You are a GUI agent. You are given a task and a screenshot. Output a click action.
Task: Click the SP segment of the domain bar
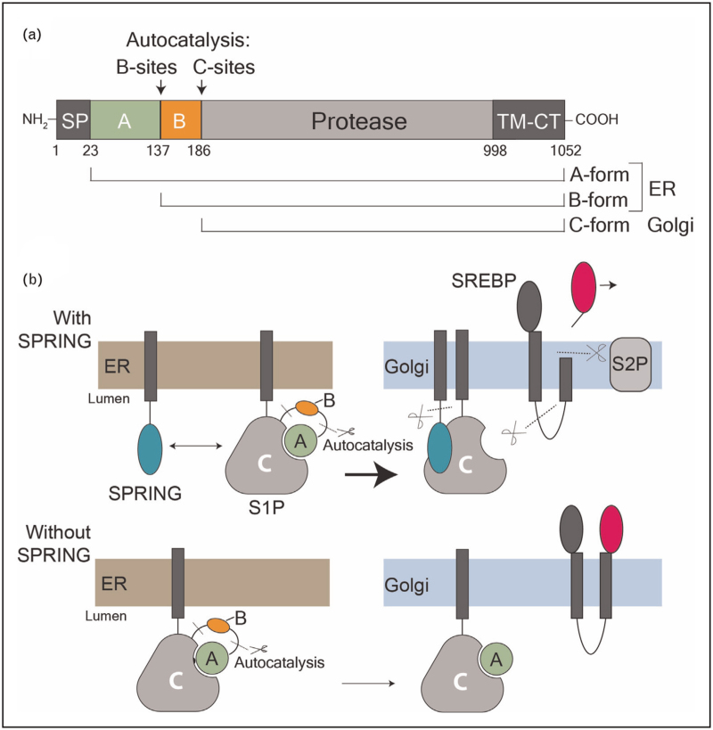[73, 121]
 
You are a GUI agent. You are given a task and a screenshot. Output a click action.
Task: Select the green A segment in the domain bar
[125, 121]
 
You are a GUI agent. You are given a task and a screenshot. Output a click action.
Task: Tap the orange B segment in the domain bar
[181, 121]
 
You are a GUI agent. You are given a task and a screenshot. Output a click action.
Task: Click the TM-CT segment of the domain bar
[528, 121]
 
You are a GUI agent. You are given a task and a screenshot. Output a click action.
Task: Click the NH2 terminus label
[37, 121]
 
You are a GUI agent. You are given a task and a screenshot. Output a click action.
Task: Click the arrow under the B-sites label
[160, 85]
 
